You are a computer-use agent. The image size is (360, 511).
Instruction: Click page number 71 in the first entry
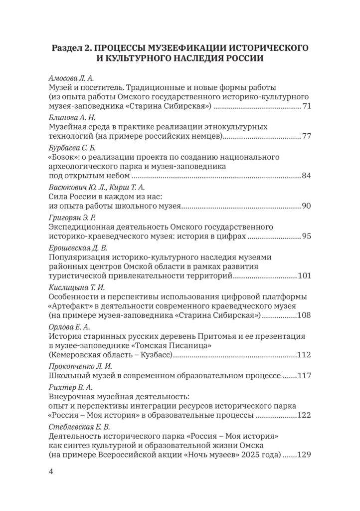[x=307, y=107]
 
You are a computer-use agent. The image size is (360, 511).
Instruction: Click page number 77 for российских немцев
[x=307, y=136]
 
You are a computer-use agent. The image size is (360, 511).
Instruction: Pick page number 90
[x=307, y=205]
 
